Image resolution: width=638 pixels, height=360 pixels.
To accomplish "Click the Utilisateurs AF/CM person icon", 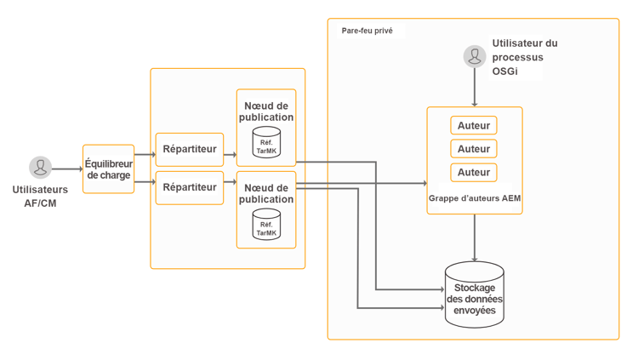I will point(40,167).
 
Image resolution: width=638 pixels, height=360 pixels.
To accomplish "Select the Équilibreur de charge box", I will point(109,169).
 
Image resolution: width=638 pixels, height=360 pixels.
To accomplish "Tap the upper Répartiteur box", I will point(189,149).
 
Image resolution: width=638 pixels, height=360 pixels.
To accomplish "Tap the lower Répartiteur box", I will point(189,187).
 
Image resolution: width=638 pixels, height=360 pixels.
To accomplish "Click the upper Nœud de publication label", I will point(266,111).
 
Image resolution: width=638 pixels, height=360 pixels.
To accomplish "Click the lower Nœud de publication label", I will point(266,193).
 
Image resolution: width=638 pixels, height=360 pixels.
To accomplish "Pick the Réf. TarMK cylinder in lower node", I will point(266,225).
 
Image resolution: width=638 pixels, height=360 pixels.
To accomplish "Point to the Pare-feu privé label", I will point(367,31).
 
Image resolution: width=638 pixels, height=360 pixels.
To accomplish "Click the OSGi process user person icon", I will point(475,56).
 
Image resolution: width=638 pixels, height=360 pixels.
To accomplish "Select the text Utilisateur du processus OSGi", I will point(524,57).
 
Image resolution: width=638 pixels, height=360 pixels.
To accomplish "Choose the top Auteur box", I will point(474,126).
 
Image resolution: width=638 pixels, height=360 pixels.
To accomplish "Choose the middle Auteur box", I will point(474,149).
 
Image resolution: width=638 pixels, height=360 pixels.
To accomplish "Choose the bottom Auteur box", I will point(474,172).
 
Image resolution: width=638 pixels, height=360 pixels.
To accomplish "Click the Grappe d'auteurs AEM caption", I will point(474,198).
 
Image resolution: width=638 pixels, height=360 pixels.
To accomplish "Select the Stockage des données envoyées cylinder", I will point(475,295).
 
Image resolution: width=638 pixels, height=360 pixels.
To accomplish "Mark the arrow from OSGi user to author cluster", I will point(475,88).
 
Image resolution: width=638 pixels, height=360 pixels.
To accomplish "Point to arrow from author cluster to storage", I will point(475,238).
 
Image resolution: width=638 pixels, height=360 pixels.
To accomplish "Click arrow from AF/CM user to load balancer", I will point(67,169).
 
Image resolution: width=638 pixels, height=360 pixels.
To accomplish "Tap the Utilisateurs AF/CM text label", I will point(40,196).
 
